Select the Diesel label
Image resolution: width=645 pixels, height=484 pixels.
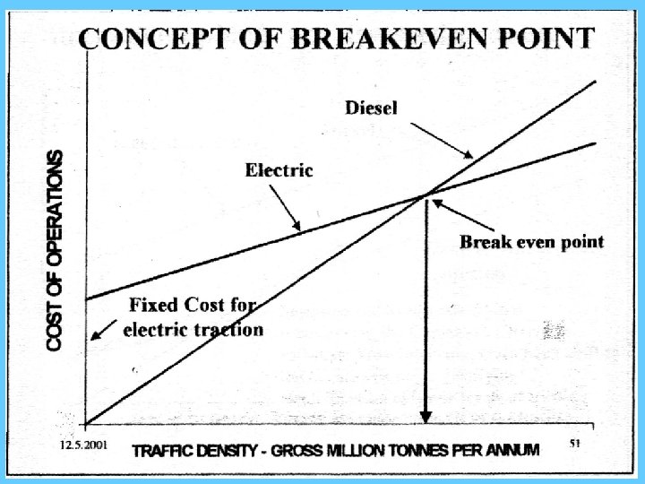pyautogui.click(x=371, y=108)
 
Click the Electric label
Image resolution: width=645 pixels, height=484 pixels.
pyautogui.click(x=279, y=169)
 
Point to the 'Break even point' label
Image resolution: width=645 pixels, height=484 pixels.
pyautogui.click(x=531, y=241)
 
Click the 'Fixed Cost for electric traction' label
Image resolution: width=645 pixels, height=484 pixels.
pyautogui.click(x=192, y=315)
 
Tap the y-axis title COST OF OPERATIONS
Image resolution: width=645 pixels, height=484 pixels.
pyautogui.click(x=56, y=250)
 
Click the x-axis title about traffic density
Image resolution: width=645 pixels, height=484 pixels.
pyautogui.click(x=336, y=451)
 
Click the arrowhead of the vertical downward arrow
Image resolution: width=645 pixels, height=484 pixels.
pyautogui.click(x=426, y=416)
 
